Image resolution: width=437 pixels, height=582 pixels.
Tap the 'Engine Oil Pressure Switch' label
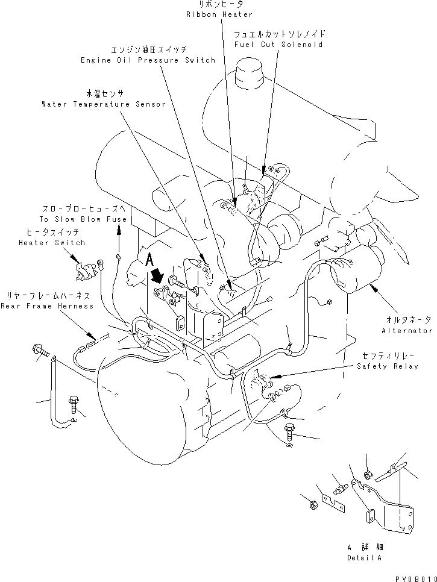(x=148, y=60)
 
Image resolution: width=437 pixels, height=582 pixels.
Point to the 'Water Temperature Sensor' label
(x=103, y=104)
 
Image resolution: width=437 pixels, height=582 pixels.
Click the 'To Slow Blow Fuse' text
(x=84, y=219)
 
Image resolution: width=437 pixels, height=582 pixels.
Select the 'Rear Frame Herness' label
(x=47, y=306)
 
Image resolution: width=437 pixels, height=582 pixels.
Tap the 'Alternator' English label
(x=407, y=331)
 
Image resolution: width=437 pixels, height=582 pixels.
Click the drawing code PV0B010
(x=413, y=577)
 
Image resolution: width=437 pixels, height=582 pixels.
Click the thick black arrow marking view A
(x=159, y=276)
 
